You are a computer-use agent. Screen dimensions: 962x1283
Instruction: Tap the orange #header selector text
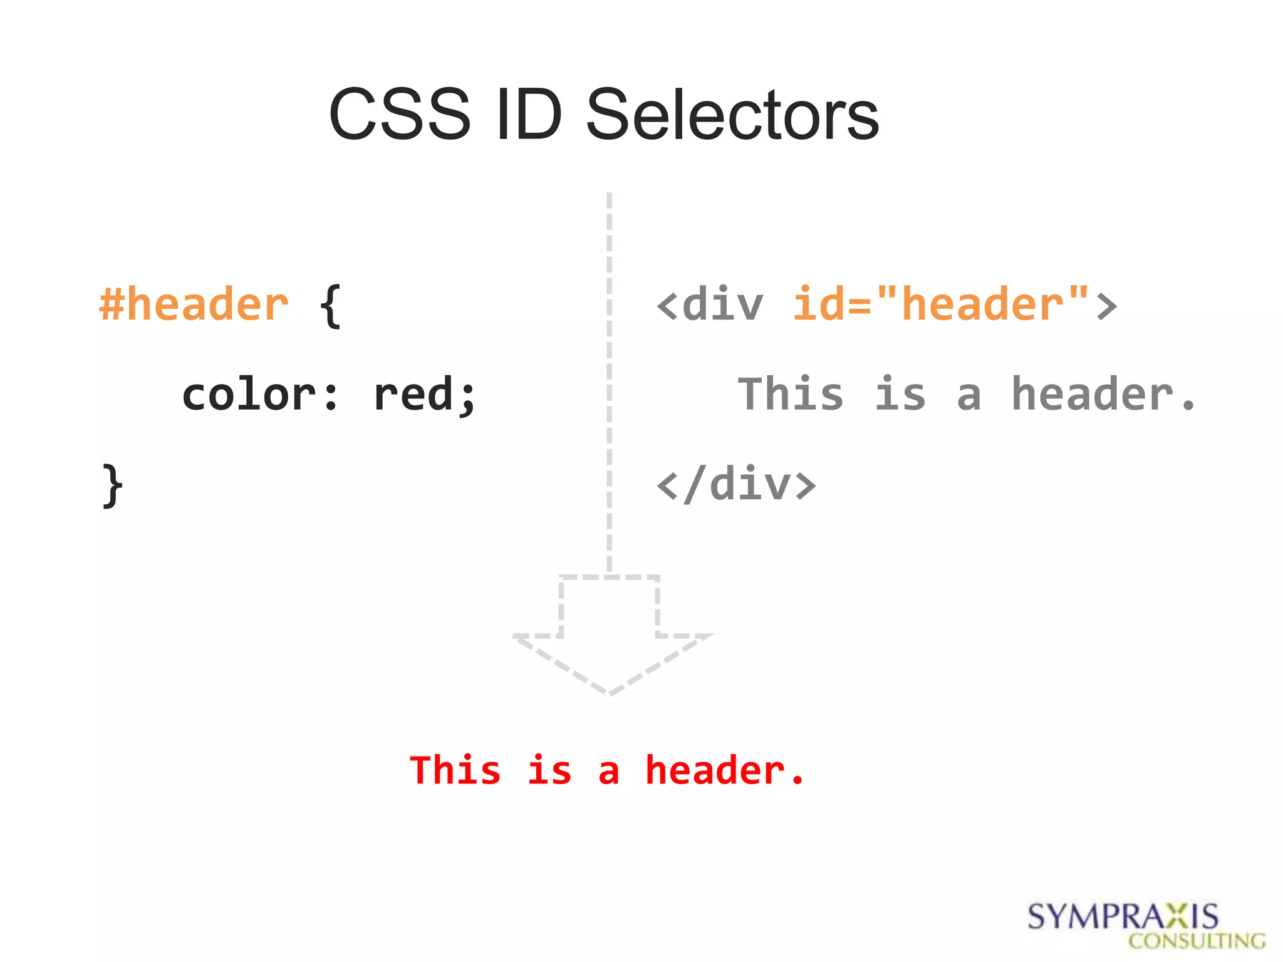click(194, 305)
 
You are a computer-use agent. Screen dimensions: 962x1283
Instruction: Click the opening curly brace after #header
click(330, 306)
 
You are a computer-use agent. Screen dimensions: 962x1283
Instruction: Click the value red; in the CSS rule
click(424, 395)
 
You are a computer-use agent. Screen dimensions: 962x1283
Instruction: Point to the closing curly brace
click(112, 485)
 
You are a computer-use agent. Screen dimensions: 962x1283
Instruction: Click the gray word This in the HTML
click(791, 395)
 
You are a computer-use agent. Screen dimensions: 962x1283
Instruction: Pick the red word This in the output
click(455, 770)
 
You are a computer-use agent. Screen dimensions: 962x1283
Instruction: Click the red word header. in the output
click(724, 770)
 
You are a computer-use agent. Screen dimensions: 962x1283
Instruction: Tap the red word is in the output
click(549, 770)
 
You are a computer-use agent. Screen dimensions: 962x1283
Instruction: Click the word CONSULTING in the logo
click(1197, 941)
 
